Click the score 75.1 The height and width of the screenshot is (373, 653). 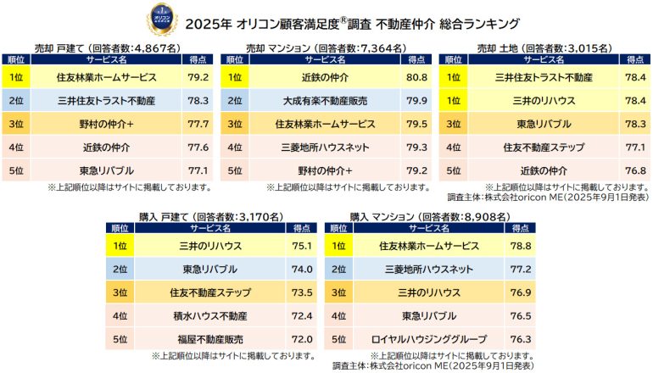301,246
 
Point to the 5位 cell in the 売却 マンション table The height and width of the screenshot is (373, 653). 234,170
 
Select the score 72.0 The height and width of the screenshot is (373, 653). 301,338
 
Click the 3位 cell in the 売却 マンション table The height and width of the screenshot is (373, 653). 234,124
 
